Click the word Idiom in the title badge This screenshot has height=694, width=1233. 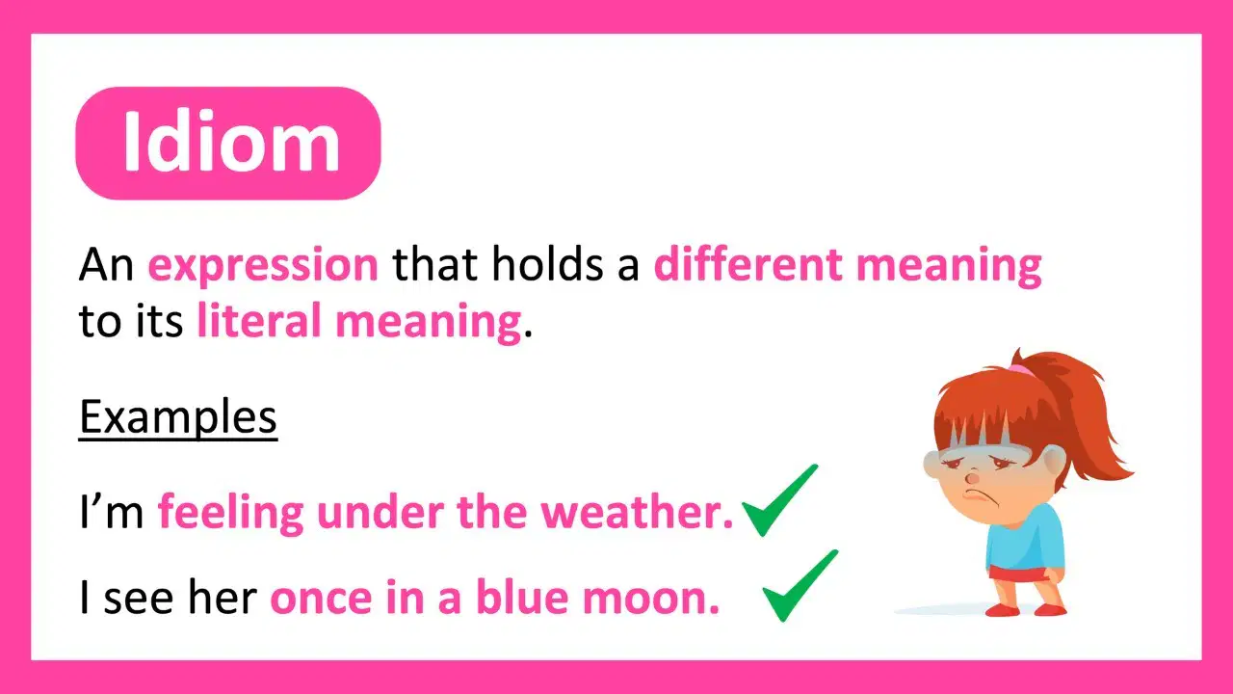(x=231, y=142)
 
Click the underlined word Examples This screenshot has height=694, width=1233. (x=178, y=417)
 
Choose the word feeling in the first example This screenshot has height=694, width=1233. (x=230, y=514)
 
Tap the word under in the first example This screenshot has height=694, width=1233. (x=380, y=512)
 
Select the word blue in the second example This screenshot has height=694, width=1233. (x=522, y=597)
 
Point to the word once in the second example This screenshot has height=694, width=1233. (x=321, y=598)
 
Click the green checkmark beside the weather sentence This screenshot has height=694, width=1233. (x=780, y=500)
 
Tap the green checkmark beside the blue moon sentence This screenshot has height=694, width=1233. (x=800, y=586)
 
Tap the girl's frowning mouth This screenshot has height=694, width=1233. (x=977, y=492)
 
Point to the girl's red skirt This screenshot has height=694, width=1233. (x=1018, y=574)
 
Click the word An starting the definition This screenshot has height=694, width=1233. (x=106, y=265)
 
